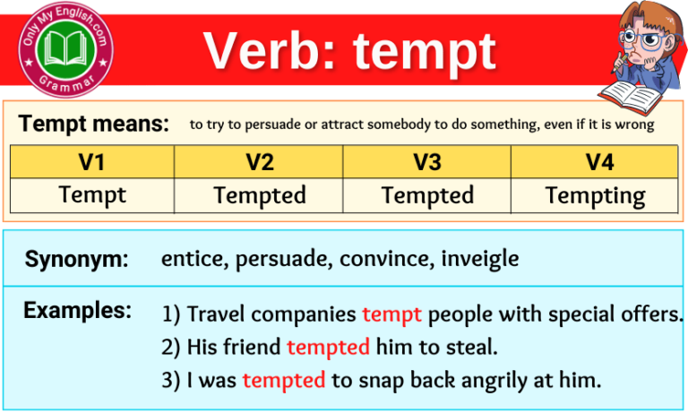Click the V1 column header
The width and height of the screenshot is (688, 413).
coord(92,162)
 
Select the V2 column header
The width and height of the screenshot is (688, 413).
coord(259,162)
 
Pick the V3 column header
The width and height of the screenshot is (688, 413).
coord(426,162)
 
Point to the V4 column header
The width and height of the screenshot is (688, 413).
coord(594,162)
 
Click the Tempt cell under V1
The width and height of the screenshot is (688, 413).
coord(92,194)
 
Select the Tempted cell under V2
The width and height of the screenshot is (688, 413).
coord(259,194)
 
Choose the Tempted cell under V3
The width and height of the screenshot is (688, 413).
coord(426,194)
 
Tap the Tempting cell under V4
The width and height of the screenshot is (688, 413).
coord(594,194)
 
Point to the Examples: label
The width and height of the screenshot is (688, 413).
coord(77,311)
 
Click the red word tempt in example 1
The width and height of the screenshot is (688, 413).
coord(391,314)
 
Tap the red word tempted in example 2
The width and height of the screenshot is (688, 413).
coord(328,347)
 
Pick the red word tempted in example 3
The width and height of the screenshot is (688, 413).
coord(283,380)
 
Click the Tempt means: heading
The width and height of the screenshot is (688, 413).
coord(93,124)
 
